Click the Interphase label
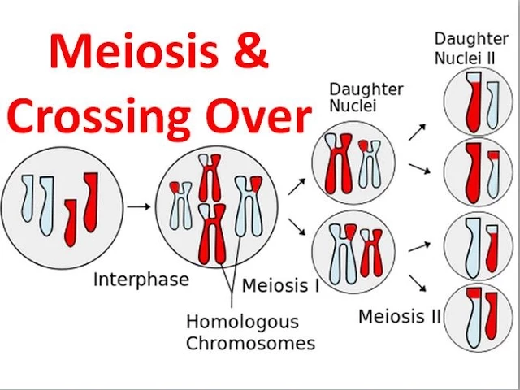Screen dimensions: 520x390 pyautogui.click(x=141, y=280)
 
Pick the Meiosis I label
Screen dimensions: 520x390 pyautogui.click(x=280, y=286)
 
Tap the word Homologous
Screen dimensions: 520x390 pyautogui.click(x=242, y=322)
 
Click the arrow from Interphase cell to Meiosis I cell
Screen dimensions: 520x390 pyautogui.click(x=139, y=206)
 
